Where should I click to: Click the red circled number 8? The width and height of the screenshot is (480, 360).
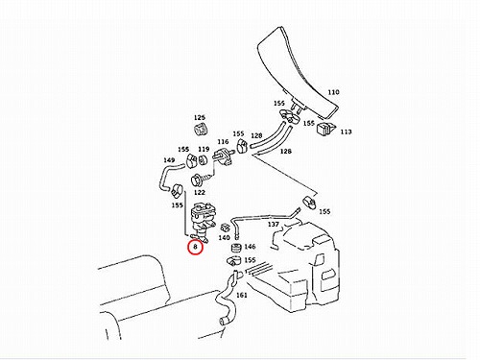[x=195, y=247]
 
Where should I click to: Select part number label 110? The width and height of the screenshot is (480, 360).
[x=333, y=92]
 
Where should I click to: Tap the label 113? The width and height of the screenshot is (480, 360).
[x=346, y=132]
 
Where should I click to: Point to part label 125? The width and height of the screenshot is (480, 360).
[x=200, y=117]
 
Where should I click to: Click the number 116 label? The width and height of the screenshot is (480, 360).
[x=223, y=141]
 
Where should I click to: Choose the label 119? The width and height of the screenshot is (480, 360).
[x=204, y=149]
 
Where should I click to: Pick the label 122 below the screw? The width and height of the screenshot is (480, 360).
[x=200, y=193]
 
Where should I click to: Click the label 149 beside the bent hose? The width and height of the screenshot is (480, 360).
[x=169, y=159]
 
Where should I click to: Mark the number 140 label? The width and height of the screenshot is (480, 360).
[x=224, y=237]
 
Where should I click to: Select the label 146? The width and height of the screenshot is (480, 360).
[x=250, y=247]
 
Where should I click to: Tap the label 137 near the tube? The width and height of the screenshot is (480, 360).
[x=273, y=225]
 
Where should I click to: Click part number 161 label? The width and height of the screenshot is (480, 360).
[x=242, y=295]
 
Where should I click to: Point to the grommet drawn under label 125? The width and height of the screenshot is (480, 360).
[x=201, y=129]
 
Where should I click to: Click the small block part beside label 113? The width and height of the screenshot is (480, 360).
[x=325, y=129]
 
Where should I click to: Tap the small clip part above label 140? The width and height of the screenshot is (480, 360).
[x=226, y=228]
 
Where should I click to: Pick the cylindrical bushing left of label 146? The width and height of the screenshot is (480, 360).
[x=236, y=248]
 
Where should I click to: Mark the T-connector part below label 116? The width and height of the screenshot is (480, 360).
[x=222, y=156]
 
